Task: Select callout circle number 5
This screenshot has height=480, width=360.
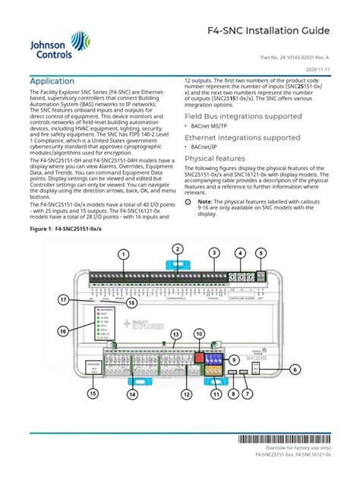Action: click(261, 253)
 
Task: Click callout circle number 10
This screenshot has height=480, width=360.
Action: click(199, 333)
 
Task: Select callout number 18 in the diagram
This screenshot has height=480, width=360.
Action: click(131, 303)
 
